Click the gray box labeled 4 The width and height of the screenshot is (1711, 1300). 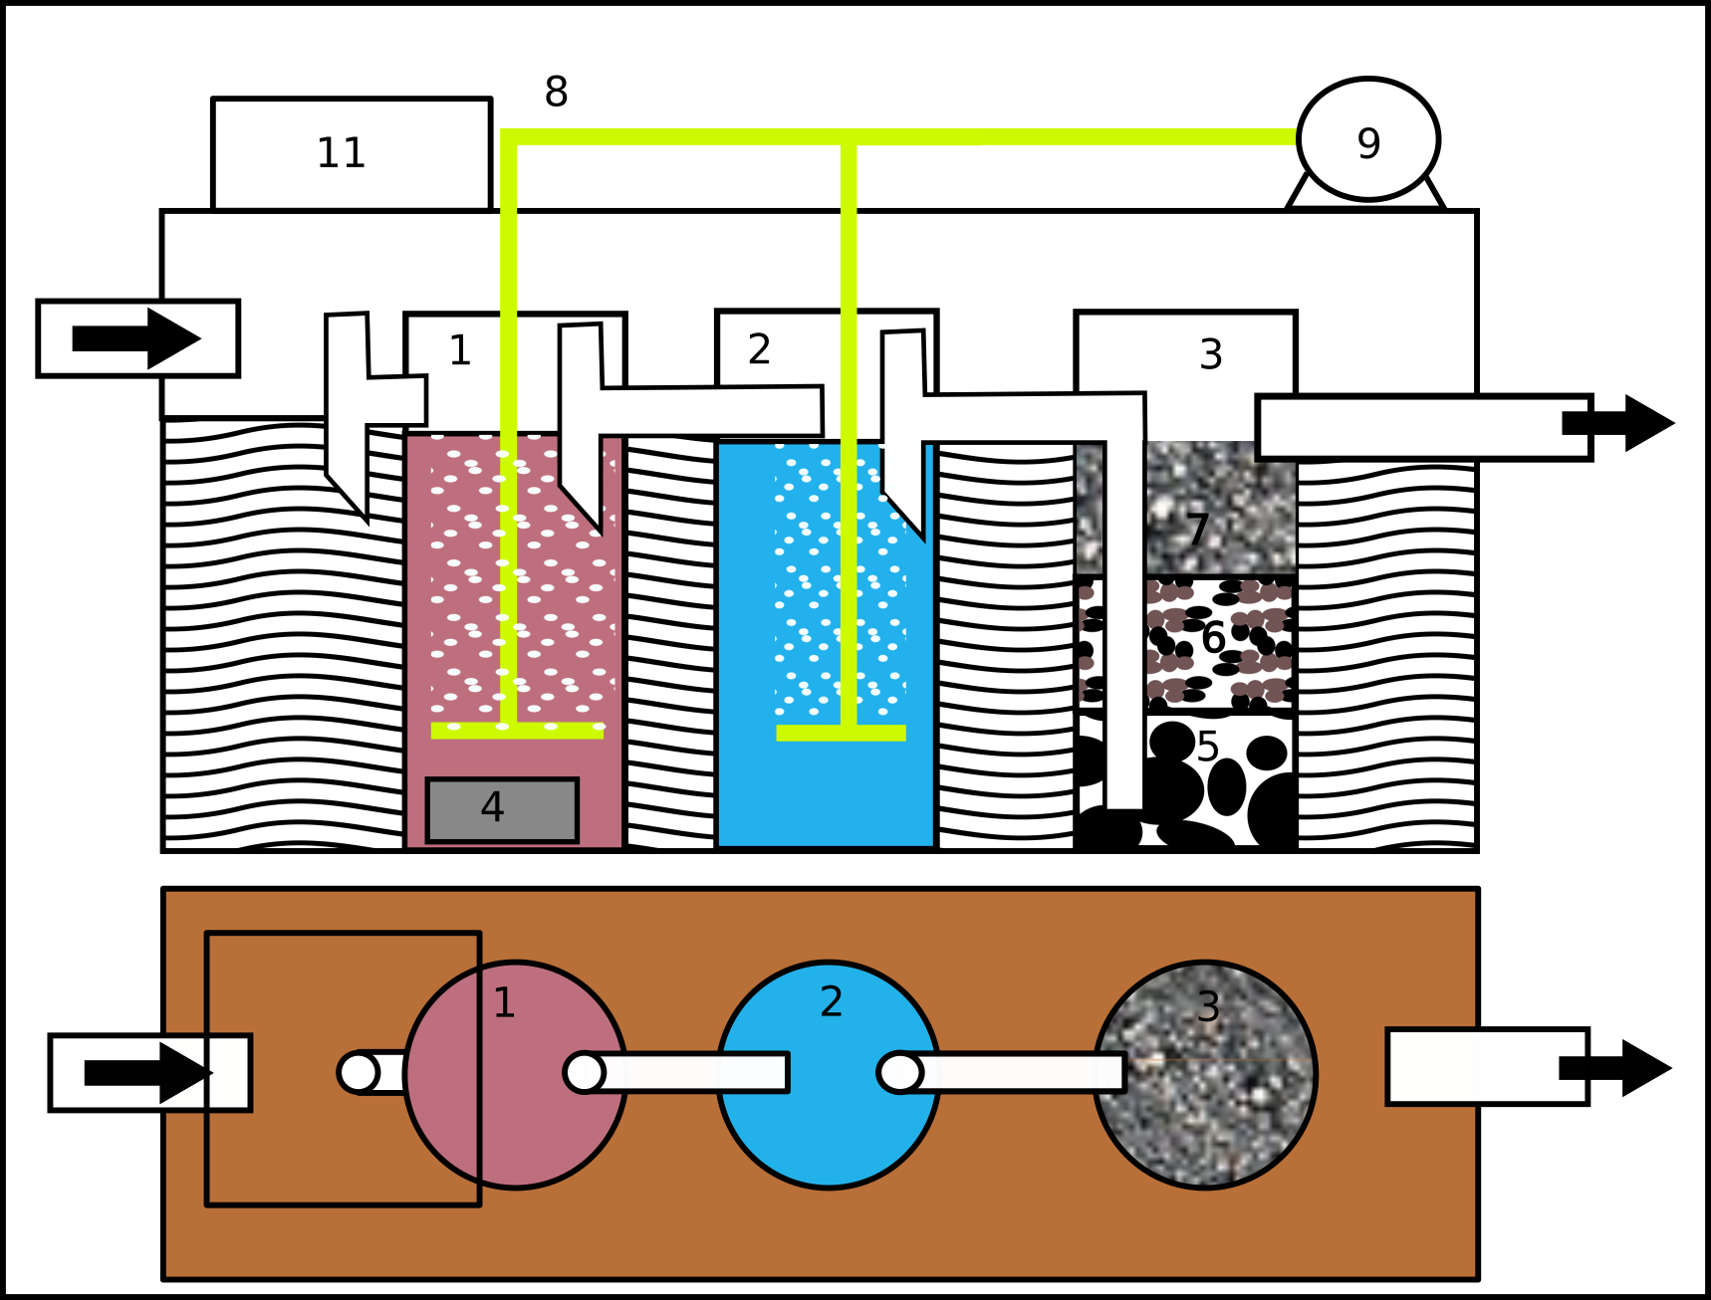502,810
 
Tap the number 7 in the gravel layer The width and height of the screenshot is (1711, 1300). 1197,530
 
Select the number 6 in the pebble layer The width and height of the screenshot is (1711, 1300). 1212,638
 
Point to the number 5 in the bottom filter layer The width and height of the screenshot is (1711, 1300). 1207,747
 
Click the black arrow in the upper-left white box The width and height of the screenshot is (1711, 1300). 137,338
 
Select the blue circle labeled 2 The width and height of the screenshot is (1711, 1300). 829,1135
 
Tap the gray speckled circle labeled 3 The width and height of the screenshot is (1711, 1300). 1205,1125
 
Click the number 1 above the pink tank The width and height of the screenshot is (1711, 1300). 459,350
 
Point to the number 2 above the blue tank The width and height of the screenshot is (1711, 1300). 759,349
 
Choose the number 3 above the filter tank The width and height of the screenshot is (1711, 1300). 1210,354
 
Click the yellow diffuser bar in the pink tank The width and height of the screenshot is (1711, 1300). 517,732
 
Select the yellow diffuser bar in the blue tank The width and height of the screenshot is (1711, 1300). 841,734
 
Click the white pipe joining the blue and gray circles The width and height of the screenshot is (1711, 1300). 1016,1072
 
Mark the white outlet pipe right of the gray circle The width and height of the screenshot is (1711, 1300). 1474,1066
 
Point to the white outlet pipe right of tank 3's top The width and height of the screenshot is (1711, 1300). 1414,428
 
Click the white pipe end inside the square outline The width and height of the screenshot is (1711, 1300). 359,1072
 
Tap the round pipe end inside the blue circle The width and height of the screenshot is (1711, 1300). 899,1072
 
